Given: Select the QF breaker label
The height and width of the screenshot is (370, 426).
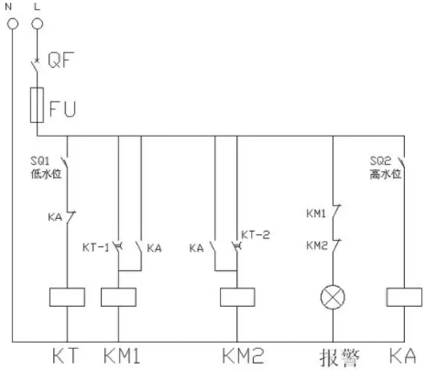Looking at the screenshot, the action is point(60,60).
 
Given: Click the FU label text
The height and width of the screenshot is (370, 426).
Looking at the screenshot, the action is point(62,109).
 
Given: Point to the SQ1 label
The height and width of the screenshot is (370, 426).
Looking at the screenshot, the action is point(39,161).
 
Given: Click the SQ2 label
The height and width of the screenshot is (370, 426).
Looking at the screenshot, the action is point(380,161).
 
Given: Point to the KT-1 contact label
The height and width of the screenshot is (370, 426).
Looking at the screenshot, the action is point(95,247).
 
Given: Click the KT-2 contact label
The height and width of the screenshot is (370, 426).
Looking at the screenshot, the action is point(256,234).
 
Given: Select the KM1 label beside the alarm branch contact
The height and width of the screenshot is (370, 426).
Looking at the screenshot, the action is point(316,213).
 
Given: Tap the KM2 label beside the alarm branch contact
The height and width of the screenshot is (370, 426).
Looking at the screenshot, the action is point(317,245).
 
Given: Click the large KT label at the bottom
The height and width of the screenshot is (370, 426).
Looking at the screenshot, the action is point(65,355).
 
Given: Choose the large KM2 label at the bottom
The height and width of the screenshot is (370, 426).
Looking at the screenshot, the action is point(243,355).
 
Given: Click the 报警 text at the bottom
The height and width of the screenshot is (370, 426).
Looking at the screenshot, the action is point(340,357).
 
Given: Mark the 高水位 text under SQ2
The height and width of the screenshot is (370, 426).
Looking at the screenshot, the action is point(386,174).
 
